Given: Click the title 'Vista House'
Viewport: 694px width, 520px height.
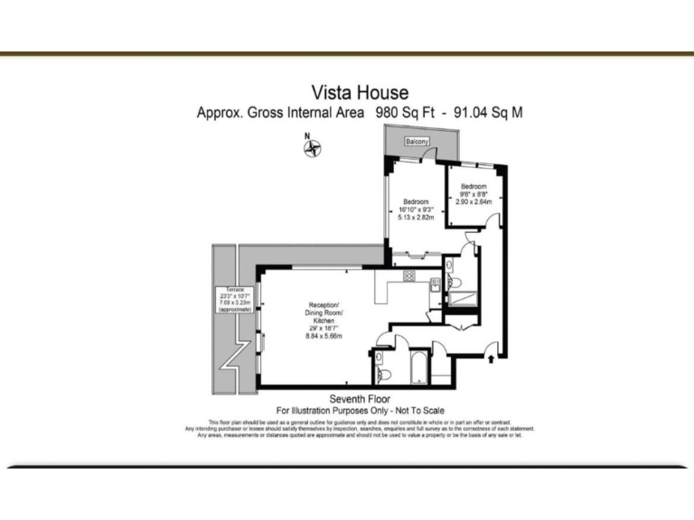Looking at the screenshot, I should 360,92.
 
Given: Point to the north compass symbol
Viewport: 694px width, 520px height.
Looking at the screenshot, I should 313,148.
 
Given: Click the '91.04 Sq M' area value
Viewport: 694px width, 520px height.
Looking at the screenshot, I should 487,114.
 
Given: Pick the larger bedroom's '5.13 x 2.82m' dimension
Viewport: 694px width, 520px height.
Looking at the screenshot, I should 416,218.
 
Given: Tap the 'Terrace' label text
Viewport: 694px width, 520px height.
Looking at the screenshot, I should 234,290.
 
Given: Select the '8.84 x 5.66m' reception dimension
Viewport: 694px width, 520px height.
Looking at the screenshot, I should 323,336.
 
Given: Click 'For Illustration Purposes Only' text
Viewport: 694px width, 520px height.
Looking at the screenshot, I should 316,411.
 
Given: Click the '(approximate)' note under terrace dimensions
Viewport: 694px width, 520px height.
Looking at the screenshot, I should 233,310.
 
